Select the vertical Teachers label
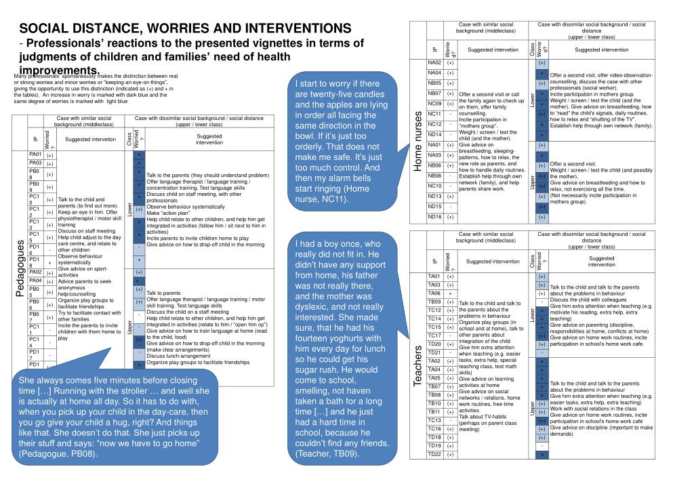click(x=417, y=367)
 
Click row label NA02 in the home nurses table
click(x=434, y=62)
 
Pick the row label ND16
click(x=434, y=217)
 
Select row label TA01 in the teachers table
click(x=434, y=277)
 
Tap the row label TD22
click(x=434, y=454)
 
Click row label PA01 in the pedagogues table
click(x=35, y=155)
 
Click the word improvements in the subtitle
click(x=60, y=70)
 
